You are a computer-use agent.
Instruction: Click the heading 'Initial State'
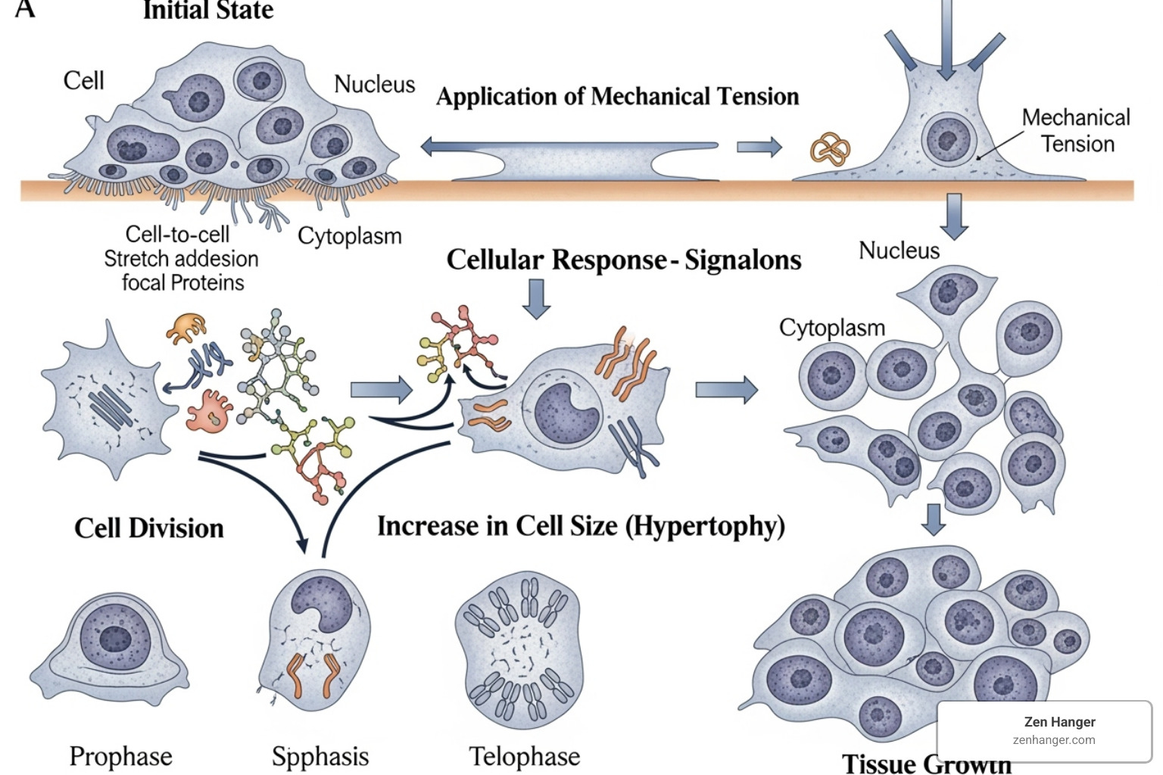tap(208, 11)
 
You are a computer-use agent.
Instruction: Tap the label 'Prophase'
tap(120, 756)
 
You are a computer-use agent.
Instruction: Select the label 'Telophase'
tap(524, 756)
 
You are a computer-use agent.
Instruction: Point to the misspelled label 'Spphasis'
tap(320, 756)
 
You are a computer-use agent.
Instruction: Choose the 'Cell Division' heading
tap(149, 528)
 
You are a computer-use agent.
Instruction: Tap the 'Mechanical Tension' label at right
tap(1076, 130)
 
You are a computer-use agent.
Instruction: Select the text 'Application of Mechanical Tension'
tap(617, 97)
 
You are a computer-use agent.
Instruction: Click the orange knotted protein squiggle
tap(830, 149)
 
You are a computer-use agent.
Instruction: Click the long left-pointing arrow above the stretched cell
tap(568, 146)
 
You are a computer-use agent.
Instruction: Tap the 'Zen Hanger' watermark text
tap(1059, 722)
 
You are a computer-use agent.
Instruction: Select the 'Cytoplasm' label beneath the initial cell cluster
tap(349, 236)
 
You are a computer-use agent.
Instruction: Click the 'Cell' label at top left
tap(83, 81)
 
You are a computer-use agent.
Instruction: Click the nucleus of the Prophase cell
tap(116, 638)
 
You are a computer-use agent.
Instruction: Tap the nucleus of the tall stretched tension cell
tap(948, 139)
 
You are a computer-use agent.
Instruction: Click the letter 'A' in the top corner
tap(25, 9)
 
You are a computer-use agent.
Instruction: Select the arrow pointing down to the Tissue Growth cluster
tap(934, 519)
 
